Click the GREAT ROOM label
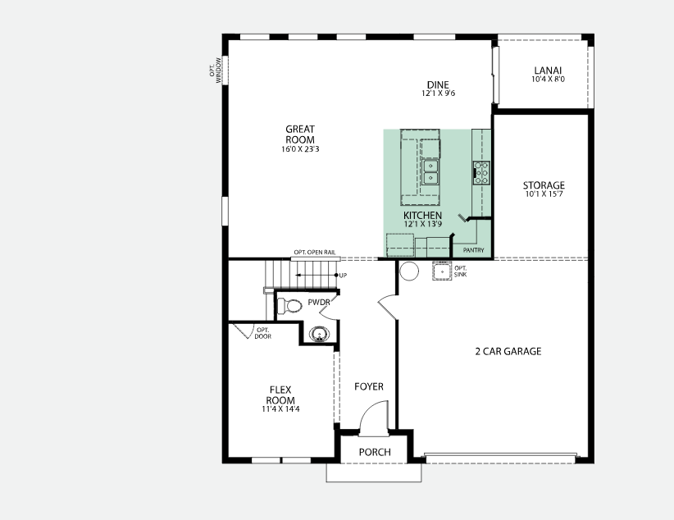pyautogui.click(x=300, y=134)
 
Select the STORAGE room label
pyautogui.click(x=544, y=185)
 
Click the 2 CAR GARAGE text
pyautogui.click(x=508, y=352)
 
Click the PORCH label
pyautogui.click(x=375, y=453)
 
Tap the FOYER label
pyautogui.click(x=368, y=386)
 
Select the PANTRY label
pyautogui.click(x=473, y=250)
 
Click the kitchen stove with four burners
pyautogui.click(x=481, y=171)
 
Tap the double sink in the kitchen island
pyautogui.click(x=430, y=171)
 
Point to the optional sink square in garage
pyautogui.click(x=442, y=271)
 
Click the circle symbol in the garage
pyautogui.click(x=409, y=271)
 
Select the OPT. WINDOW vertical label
pyautogui.click(x=216, y=69)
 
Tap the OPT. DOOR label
pyautogui.click(x=262, y=332)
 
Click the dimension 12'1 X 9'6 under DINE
pyautogui.click(x=438, y=94)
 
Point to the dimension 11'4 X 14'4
pyautogui.click(x=280, y=408)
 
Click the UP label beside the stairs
pyautogui.click(x=343, y=275)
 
